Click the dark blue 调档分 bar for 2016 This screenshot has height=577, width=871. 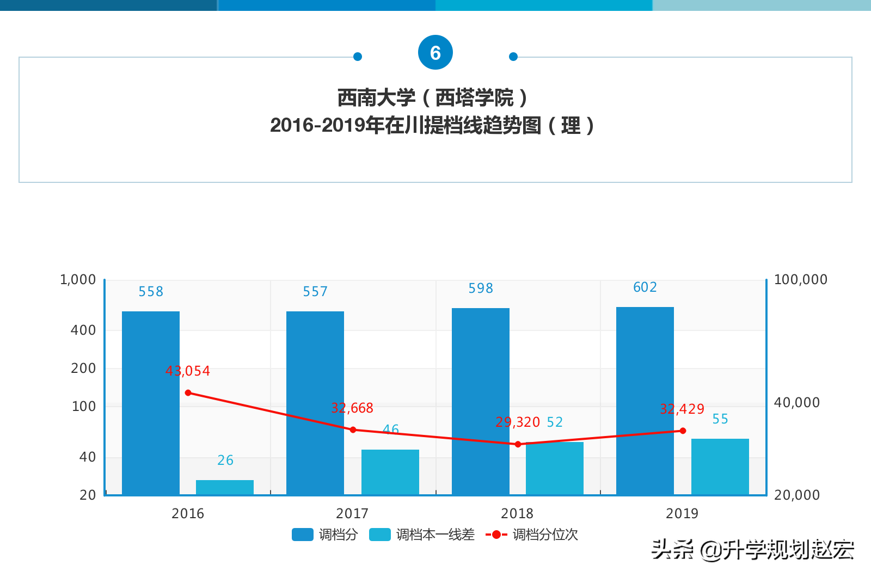151,403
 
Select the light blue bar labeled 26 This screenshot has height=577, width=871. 225,487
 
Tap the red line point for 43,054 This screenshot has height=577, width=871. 188,392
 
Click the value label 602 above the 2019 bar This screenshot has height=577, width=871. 645,287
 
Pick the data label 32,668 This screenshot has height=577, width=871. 352,408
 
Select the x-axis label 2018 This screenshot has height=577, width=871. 517,513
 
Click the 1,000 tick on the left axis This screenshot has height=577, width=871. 78,280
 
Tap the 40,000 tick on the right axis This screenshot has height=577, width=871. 796,403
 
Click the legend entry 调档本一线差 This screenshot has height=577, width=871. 422,535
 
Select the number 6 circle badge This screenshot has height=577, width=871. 436,53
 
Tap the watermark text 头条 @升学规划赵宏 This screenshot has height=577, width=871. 753,550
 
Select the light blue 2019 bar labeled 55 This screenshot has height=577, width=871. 720,466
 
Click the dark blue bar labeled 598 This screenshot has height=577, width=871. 481,401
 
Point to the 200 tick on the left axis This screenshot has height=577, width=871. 83,369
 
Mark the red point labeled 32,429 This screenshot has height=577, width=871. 683,431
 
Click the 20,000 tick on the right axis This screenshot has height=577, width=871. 796,495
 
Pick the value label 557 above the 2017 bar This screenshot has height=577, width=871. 316,292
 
